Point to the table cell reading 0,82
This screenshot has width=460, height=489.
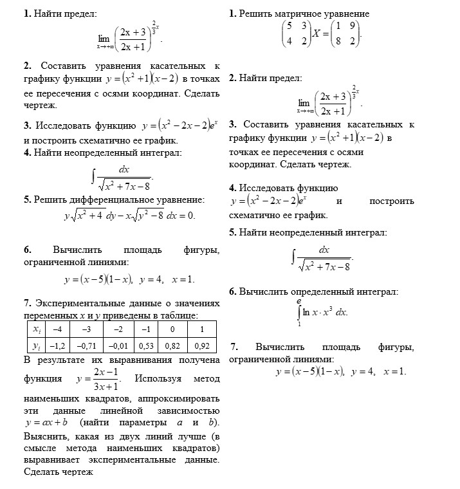174,346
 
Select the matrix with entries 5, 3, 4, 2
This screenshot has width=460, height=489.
295,33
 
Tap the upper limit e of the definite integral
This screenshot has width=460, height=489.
299,300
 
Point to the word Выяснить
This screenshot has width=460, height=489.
44,438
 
